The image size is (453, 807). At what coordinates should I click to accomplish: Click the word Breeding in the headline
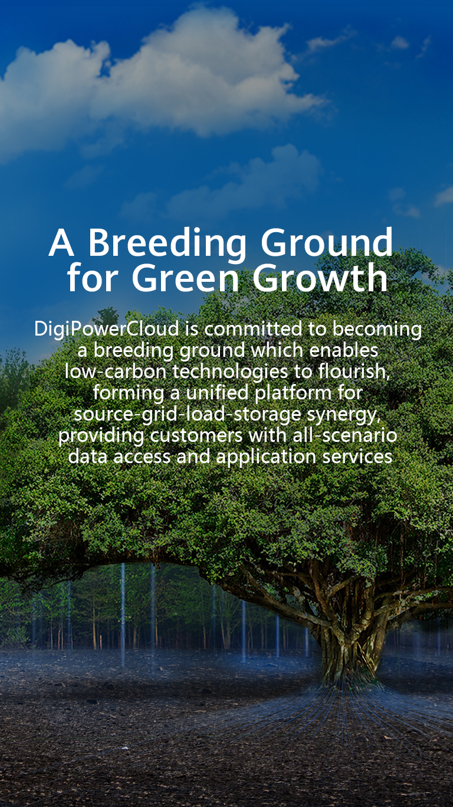click(x=168, y=244)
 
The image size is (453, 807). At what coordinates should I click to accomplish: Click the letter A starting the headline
click(x=61, y=243)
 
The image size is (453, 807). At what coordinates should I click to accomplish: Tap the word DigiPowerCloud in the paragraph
click(x=107, y=329)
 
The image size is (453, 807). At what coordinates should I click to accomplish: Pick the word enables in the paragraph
click(x=344, y=350)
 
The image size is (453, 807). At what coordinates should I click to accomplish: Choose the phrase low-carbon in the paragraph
click(x=115, y=371)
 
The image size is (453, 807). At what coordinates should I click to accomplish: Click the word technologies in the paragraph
click(x=230, y=372)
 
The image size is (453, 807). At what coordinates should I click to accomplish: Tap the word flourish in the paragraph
click(x=351, y=371)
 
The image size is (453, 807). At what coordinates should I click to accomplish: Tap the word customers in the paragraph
click(x=196, y=435)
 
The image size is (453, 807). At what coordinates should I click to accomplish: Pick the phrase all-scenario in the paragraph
click(x=344, y=435)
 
